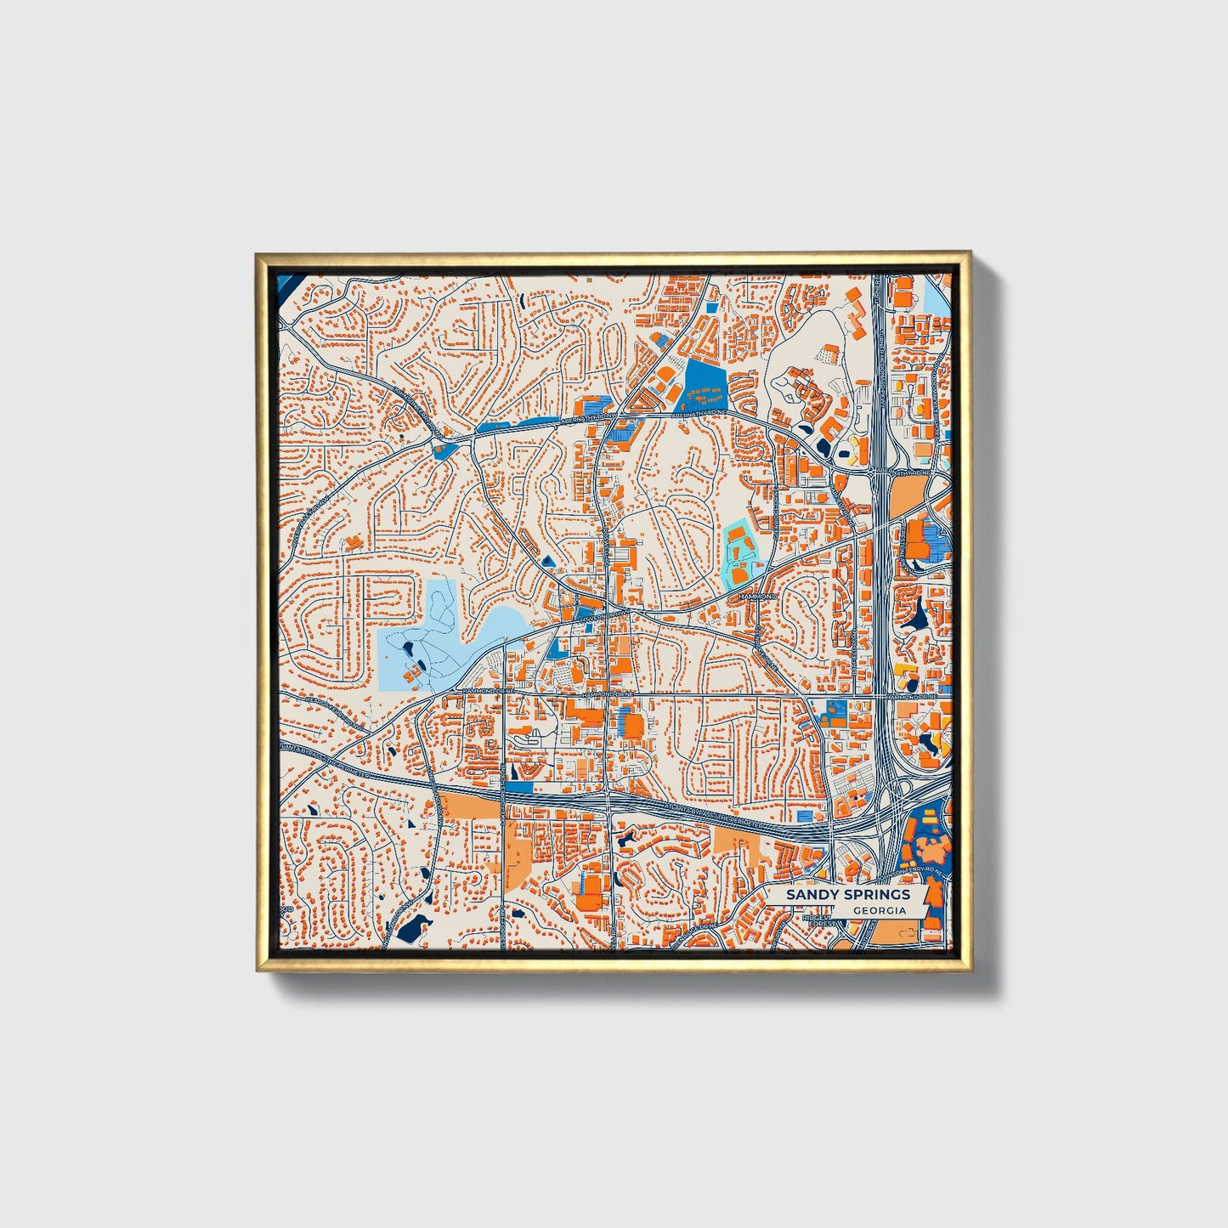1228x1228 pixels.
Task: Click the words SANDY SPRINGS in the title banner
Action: (846, 895)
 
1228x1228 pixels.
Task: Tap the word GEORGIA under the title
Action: (879, 910)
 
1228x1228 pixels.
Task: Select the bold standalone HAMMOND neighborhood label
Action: (759, 597)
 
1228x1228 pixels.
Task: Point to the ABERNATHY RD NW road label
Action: (587, 418)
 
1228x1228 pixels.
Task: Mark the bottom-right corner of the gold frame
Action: (970, 970)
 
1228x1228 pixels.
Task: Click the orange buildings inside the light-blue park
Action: (410, 674)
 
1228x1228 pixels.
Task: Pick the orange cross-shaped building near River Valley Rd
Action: (354, 541)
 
